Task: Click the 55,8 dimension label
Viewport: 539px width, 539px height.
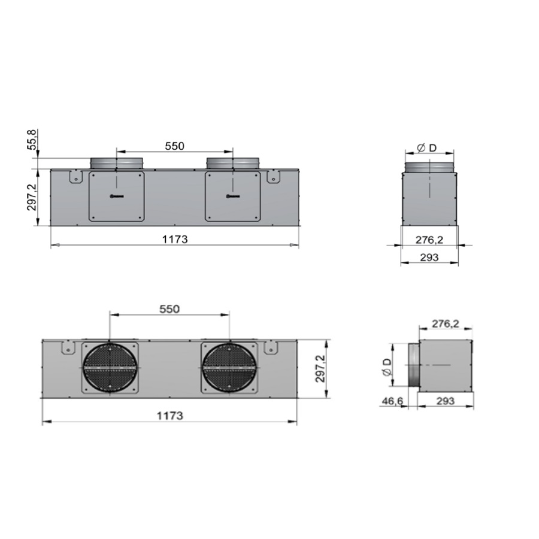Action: (x=32, y=140)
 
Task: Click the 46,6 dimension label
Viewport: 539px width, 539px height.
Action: (x=392, y=401)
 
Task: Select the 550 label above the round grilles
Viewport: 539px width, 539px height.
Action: (x=169, y=309)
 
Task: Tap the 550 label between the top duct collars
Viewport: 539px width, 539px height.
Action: (x=175, y=146)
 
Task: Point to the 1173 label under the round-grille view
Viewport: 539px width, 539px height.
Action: (x=170, y=416)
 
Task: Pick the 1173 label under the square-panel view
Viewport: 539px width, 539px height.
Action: (x=175, y=239)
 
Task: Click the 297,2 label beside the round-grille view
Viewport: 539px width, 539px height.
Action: (x=321, y=368)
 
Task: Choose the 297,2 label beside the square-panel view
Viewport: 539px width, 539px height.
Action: (x=32, y=197)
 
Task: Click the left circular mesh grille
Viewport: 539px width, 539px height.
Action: (x=110, y=368)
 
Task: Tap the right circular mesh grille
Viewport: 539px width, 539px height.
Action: (x=229, y=368)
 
